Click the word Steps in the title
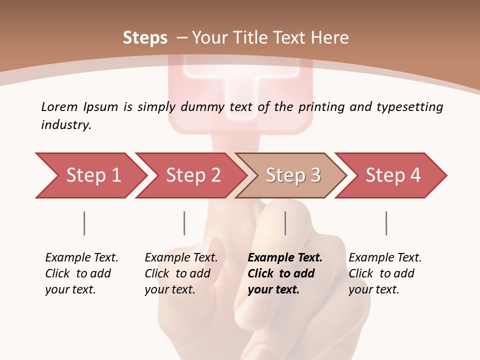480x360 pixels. point(145,37)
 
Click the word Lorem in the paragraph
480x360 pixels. point(59,106)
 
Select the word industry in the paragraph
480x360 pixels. point(65,125)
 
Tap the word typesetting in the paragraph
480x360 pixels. point(409,107)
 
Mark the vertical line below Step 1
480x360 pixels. point(84,223)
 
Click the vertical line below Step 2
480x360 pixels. point(184,223)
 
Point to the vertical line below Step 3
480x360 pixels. point(285,223)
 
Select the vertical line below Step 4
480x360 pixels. point(386,223)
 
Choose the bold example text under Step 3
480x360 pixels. point(284,273)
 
